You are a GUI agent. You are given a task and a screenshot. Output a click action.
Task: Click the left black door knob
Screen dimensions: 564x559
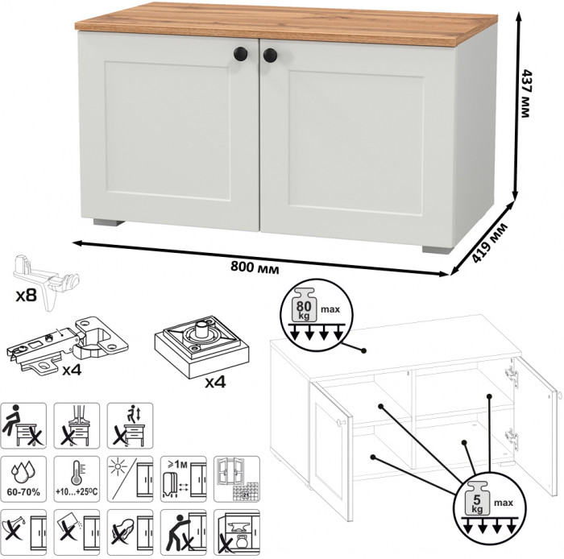tap(240, 54)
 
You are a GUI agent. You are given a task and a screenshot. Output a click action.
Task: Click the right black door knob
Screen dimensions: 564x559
tap(270, 56)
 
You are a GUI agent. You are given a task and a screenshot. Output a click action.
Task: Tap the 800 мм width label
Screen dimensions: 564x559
tap(255, 267)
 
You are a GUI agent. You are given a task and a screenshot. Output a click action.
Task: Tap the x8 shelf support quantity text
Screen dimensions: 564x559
tap(27, 296)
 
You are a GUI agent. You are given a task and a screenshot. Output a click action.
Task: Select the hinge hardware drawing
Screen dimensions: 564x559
tap(68, 346)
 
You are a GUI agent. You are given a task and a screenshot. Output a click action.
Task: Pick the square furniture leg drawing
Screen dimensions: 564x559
tap(201, 346)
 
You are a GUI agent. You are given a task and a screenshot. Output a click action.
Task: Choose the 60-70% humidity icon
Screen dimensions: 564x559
tap(23, 479)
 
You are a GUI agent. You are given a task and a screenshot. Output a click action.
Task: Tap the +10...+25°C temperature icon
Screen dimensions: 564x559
tap(77, 479)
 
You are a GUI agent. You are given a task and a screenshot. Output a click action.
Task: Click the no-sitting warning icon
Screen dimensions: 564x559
tap(23, 425)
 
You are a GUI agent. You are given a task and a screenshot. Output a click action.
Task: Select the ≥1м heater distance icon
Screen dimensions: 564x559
tap(184, 479)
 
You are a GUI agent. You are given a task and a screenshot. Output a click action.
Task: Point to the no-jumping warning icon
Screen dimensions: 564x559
tap(130, 425)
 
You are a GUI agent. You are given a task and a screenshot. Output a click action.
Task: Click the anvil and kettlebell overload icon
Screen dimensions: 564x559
tap(237, 532)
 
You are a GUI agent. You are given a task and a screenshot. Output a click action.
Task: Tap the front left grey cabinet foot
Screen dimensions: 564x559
tap(109, 222)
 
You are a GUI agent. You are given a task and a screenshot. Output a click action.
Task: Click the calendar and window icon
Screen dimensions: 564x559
tap(237, 479)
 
